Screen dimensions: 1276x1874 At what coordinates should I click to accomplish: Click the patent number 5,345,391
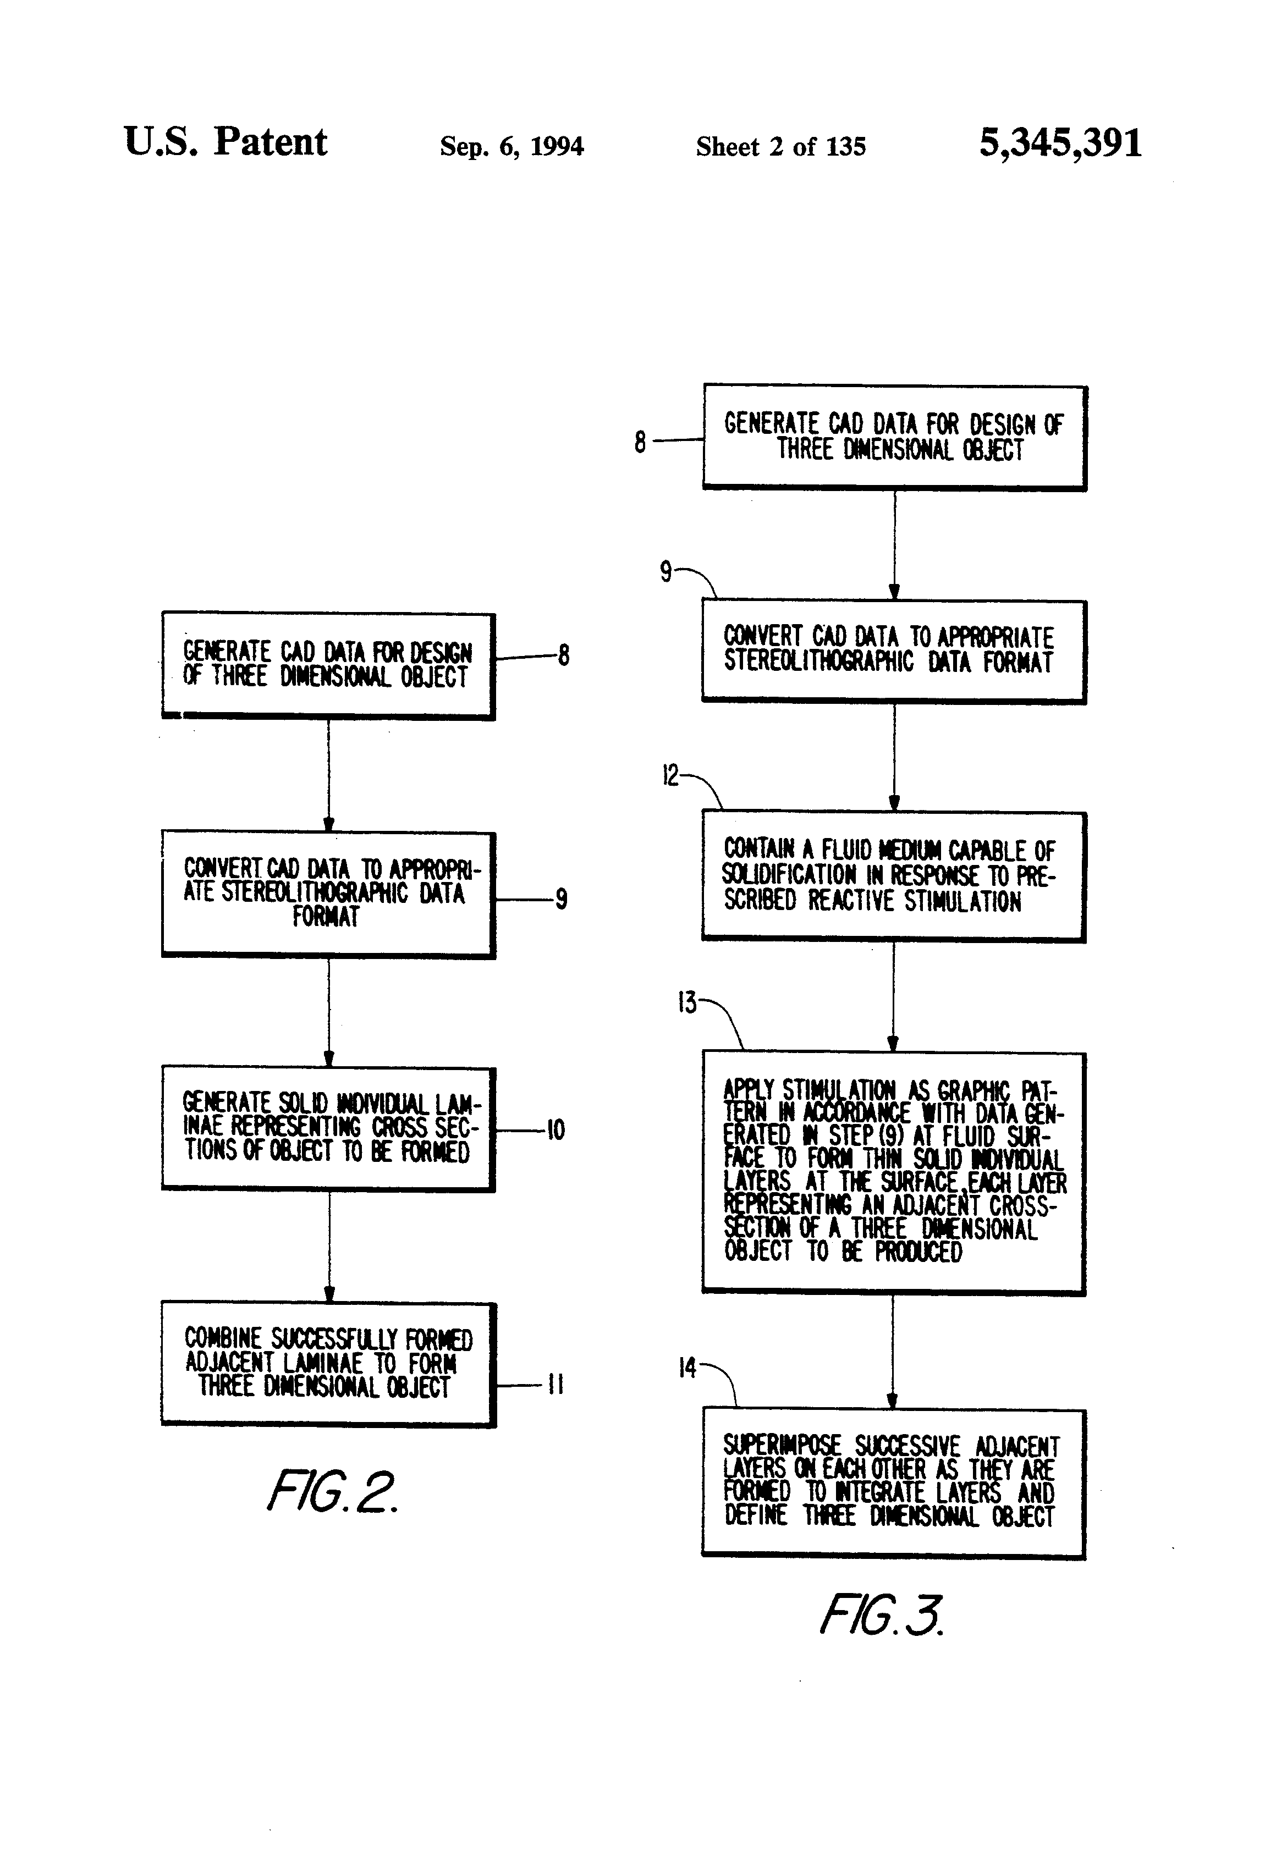pos(1060,144)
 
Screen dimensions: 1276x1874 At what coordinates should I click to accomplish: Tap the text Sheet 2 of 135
pos(781,146)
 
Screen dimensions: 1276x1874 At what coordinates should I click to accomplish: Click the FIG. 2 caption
pos(332,1490)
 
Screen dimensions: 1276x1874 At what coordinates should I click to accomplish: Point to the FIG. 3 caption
pos(881,1614)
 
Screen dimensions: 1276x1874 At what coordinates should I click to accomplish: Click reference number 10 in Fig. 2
pos(555,1129)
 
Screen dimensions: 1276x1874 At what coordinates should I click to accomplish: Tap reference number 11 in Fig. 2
pos(555,1385)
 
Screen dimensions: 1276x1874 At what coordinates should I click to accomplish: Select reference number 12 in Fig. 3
pos(671,776)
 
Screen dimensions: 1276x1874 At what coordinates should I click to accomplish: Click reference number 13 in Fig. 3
pos(687,1004)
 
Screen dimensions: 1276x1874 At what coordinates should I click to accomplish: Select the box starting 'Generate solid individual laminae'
pos(328,1129)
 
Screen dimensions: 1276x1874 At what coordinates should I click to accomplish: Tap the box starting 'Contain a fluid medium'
pos(894,877)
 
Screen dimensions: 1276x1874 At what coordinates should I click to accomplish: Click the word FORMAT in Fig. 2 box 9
pos(326,917)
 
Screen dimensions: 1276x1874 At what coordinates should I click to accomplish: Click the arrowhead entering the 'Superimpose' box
pos(892,1401)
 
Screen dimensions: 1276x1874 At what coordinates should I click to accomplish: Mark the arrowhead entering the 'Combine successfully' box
pos(328,1293)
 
